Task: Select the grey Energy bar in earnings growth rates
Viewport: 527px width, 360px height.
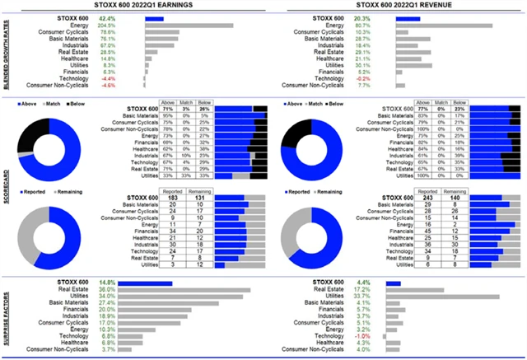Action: pos(189,26)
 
